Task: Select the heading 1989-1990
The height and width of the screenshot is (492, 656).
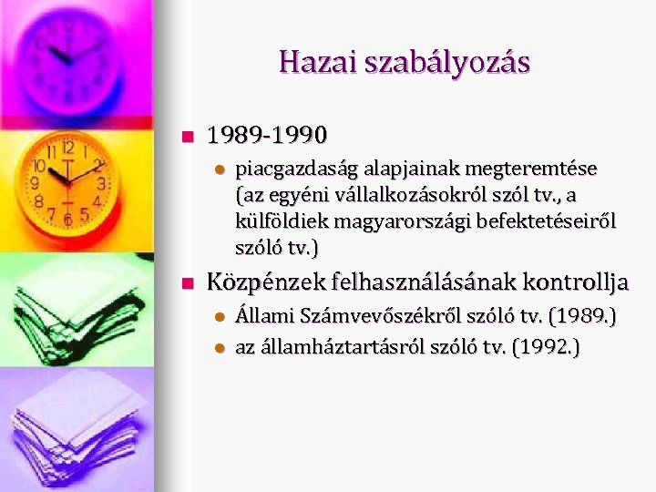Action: [266, 136]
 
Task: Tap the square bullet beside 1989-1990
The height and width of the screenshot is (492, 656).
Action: [188, 137]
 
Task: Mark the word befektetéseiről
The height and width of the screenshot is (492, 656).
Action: [540, 221]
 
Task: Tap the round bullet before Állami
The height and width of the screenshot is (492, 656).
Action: [219, 317]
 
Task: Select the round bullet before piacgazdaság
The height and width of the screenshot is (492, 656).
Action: [219, 169]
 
